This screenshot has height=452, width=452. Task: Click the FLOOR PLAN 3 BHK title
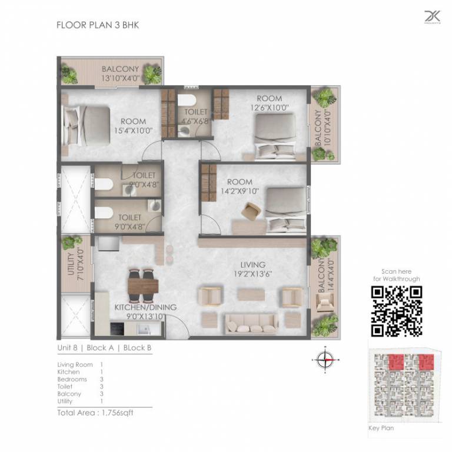97,25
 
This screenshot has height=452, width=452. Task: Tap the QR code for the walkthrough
397,310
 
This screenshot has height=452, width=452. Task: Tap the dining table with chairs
143,285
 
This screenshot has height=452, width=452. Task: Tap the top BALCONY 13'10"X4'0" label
120,73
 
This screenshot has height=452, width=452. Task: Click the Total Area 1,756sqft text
95,413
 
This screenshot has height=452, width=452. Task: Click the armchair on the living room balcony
325,303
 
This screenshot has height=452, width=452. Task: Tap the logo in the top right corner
432,17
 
